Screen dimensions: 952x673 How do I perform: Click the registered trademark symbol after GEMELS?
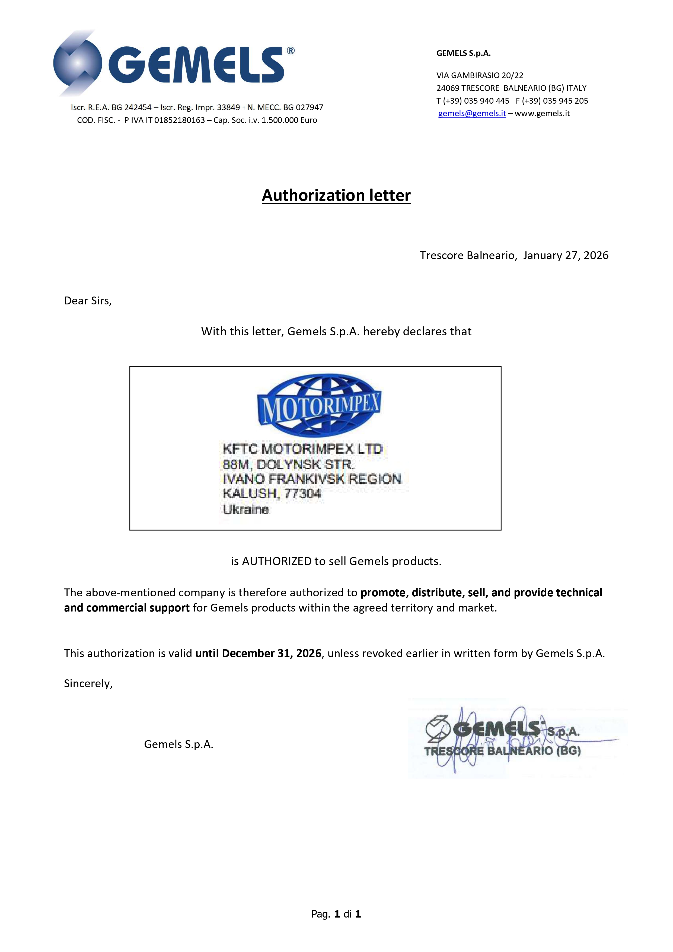tap(291, 50)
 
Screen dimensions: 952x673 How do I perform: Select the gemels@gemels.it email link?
tap(472, 114)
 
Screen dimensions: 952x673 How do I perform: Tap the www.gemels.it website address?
tap(542, 114)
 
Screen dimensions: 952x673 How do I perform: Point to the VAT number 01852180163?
tap(180, 120)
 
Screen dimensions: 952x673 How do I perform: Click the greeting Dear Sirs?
tap(88, 301)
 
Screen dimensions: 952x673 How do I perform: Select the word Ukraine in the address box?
tap(246, 509)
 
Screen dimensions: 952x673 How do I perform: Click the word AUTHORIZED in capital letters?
tap(277, 561)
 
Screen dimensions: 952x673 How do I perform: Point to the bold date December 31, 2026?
tap(272, 654)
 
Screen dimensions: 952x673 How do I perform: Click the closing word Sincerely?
tap(88, 683)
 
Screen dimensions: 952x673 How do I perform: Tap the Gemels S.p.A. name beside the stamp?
tap(178, 744)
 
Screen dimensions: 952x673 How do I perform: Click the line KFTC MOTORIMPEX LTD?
tap(302, 449)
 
